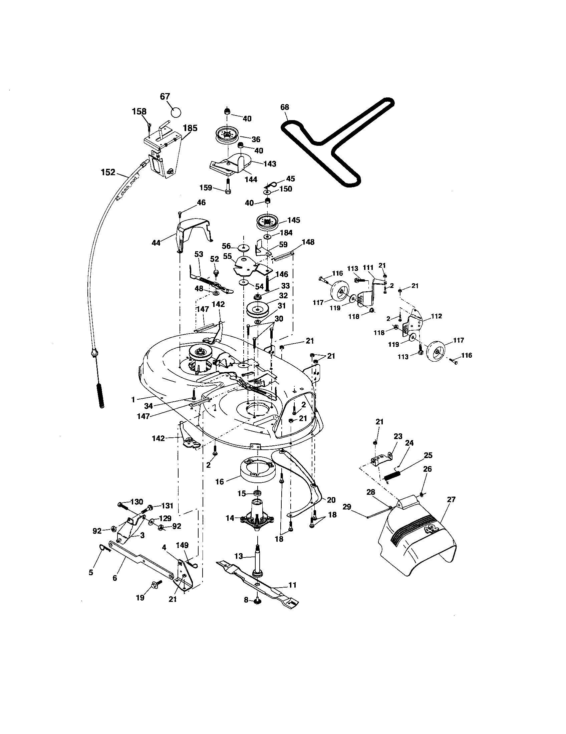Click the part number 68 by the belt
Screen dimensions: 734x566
tap(284, 107)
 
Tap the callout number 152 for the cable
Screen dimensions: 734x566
tap(108, 172)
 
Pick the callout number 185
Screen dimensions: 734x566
tap(190, 128)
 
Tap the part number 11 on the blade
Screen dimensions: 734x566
tap(292, 585)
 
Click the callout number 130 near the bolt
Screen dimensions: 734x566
tap(136, 502)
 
